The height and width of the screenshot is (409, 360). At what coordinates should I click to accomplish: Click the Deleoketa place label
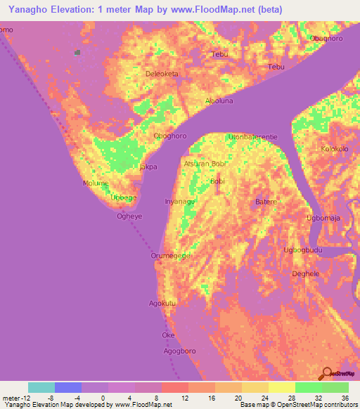161,73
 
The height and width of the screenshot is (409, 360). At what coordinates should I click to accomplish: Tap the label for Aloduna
219,100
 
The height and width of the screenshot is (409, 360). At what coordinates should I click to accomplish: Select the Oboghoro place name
169,136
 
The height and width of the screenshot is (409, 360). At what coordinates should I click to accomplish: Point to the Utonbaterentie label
253,136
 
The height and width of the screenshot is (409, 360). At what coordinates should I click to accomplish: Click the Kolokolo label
335,149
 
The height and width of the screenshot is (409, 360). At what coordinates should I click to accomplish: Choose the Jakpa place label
148,167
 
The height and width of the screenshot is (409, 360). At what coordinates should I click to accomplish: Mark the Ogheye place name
129,216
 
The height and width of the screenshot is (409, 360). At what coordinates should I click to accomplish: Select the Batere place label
266,202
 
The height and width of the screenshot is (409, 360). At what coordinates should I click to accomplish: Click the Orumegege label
171,256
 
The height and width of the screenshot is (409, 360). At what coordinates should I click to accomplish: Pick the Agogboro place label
179,349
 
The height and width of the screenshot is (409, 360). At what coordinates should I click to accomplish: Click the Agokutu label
161,304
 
